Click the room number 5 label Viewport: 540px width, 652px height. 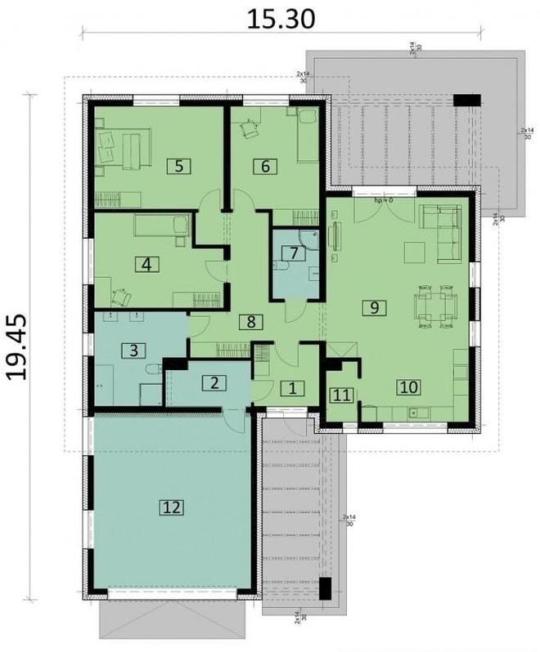[178, 166]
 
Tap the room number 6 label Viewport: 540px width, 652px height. [265, 166]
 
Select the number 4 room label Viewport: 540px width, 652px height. [146, 264]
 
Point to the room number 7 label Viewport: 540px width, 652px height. [290, 252]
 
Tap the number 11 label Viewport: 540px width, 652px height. [342, 395]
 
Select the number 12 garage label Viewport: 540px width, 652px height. [171, 507]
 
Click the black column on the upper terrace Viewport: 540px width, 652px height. [466, 100]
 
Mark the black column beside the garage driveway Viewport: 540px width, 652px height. [325, 589]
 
